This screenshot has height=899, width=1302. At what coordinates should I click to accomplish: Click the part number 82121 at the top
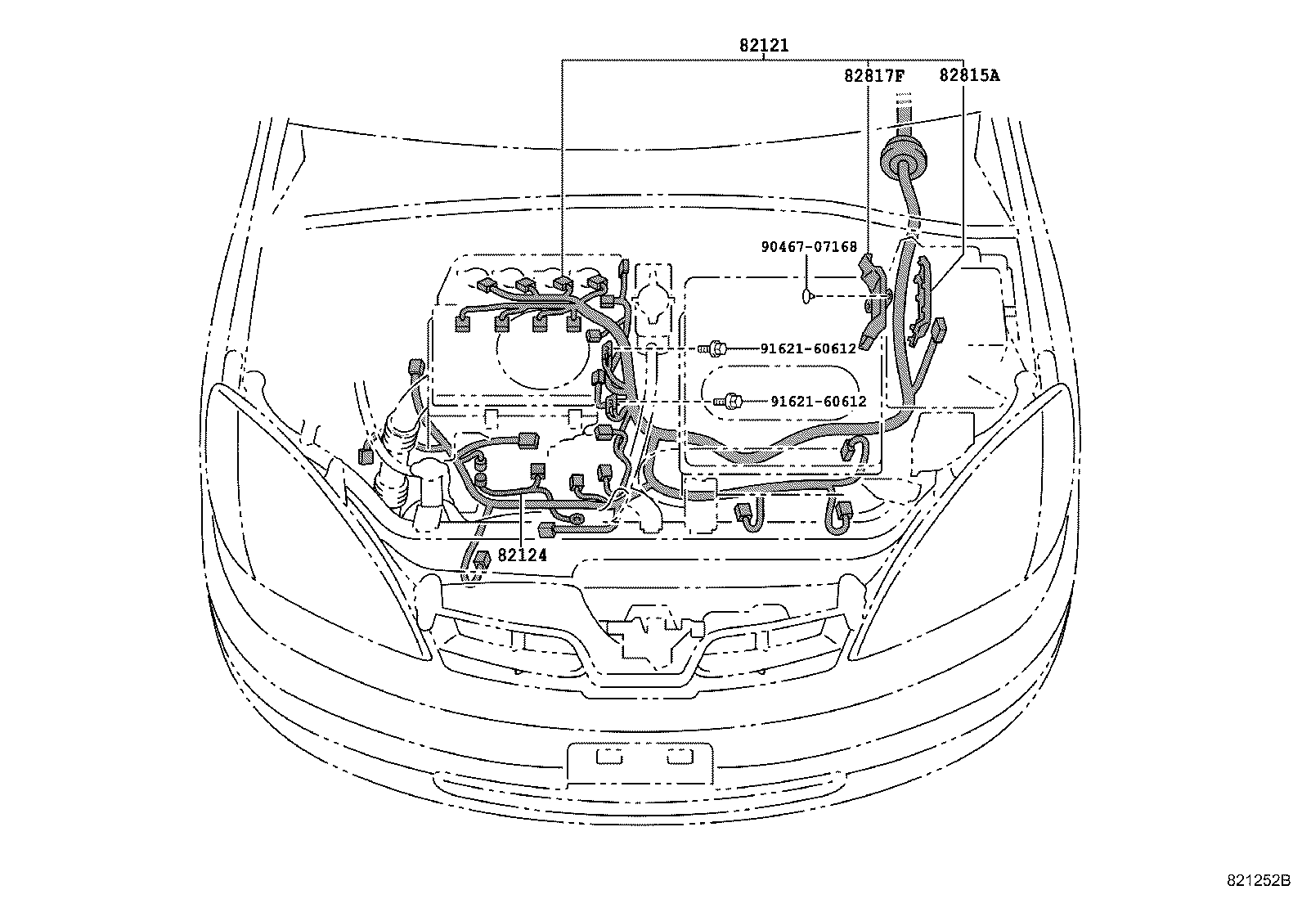click(764, 45)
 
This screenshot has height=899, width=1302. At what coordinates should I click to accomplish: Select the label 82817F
click(874, 75)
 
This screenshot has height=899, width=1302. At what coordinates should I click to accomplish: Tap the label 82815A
click(969, 75)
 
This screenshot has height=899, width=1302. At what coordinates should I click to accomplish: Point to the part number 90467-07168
click(809, 247)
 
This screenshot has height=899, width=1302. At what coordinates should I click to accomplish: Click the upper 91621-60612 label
click(809, 348)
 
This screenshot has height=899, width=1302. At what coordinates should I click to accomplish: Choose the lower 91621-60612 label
click(819, 401)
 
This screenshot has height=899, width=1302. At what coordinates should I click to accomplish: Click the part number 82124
click(522, 555)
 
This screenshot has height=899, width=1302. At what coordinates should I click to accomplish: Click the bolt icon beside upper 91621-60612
click(712, 348)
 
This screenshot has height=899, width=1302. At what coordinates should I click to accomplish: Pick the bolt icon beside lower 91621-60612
click(729, 401)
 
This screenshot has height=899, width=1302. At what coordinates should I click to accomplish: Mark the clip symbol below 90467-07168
click(806, 297)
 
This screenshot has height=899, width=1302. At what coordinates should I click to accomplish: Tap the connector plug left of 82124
click(482, 559)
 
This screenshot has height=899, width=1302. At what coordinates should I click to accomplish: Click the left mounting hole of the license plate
click(609, 757)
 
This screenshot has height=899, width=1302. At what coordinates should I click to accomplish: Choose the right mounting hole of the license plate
click(680, 757)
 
